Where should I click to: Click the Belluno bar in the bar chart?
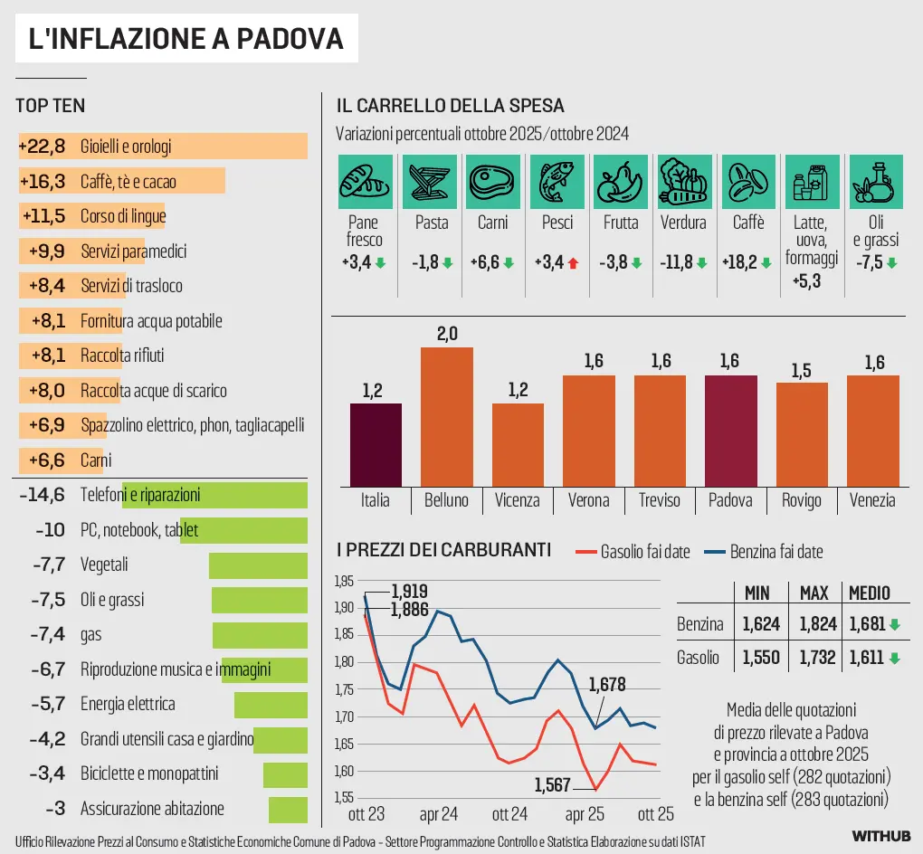pos(447,417)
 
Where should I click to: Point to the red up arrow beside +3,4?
pos(573,263)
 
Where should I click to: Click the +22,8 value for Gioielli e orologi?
pos(43,147)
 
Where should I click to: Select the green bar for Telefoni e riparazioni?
pos(214,495)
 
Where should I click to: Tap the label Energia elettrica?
pos(128,704)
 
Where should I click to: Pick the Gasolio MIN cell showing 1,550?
pos(761,658)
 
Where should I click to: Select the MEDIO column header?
pos(868,593)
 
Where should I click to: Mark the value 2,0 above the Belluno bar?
pos(447,334)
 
